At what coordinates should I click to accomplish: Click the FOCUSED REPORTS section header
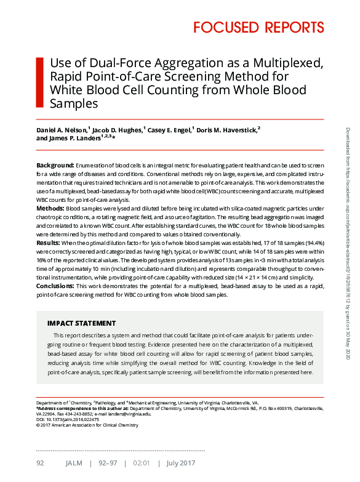[258, 27]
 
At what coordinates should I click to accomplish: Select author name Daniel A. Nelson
[62, 130]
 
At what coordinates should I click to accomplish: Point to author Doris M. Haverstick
[228, 130]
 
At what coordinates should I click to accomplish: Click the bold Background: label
[55, 166]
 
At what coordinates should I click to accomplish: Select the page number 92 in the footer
[40, 462]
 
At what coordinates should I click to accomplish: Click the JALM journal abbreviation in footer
[73, 462]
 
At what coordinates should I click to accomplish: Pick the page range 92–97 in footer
[109, 462]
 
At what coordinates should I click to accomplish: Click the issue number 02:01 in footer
[142, 462]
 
